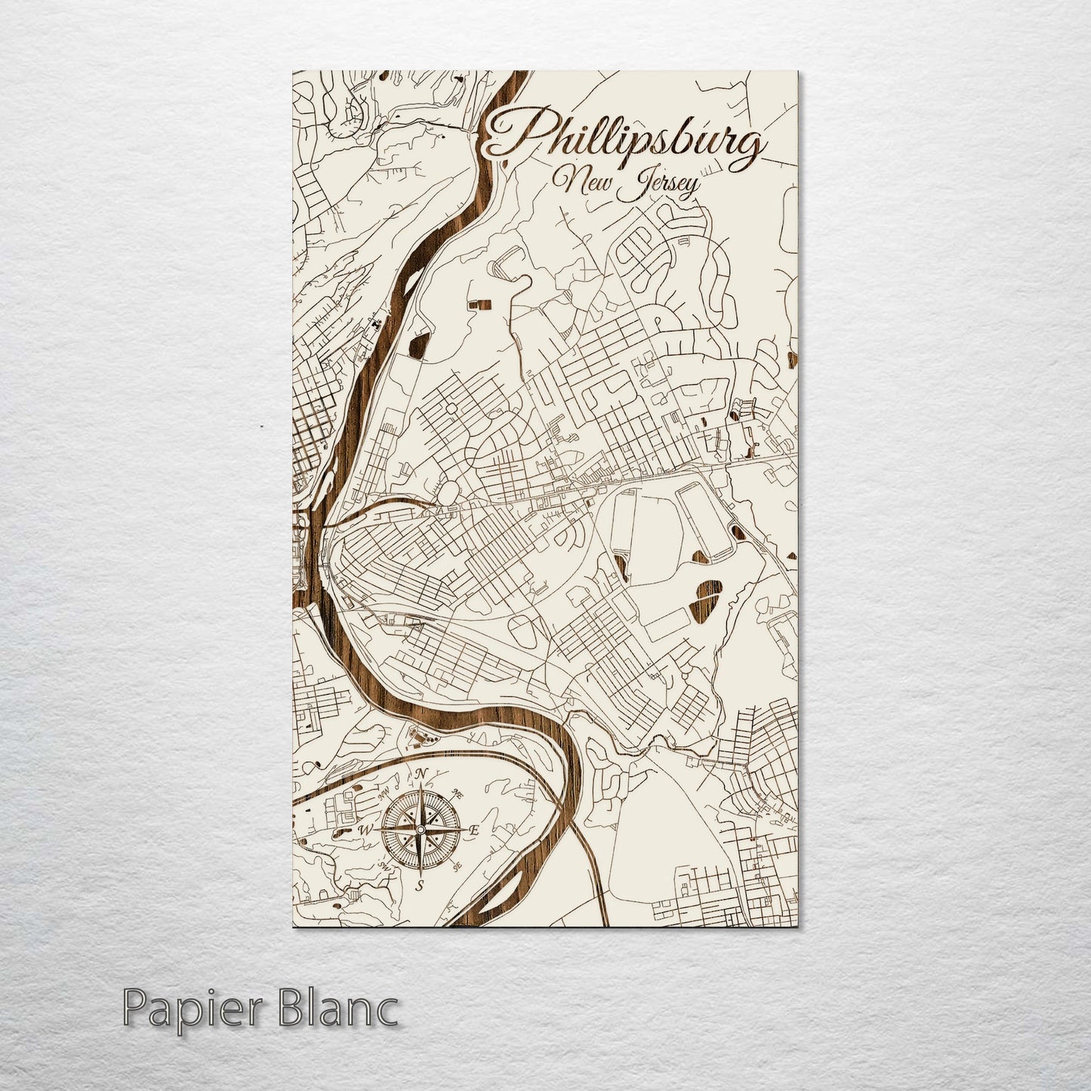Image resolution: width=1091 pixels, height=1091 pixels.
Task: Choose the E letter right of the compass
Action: [x=475, y=830]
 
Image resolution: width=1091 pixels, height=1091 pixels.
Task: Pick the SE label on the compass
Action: [x=457, y=868]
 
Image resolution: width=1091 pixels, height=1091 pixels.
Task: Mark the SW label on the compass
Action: [x=384, y=866]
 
